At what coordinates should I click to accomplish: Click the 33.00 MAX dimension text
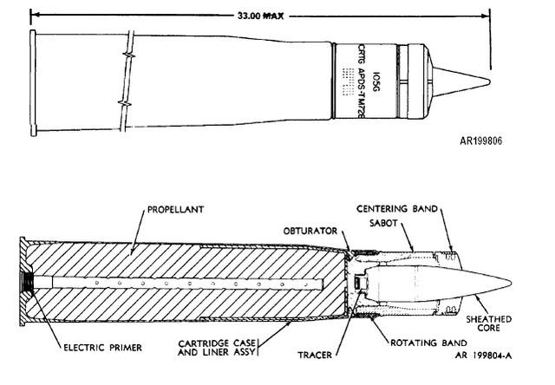[259, 16]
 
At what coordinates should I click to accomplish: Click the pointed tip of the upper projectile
[490, 82]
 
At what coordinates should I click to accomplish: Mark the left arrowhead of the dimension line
[32, 16]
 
